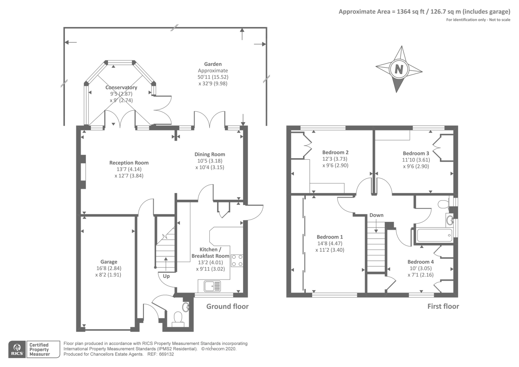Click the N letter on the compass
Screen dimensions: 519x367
click(x=399, y=69)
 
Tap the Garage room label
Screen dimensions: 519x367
click(x=109, y=262)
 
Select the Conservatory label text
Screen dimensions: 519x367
click(x=121, y=87)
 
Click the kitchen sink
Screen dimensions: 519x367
click(x=212, y=286)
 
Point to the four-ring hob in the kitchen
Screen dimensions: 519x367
click(x=237, y=260)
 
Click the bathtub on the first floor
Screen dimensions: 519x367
click(x=434, y=235)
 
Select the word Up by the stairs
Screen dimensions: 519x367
click(x=166, y=276)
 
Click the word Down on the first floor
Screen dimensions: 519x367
click(x=376, y=215)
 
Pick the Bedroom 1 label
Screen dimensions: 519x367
click(x=330, y=237)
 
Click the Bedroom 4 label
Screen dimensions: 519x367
click(x=420, y=262)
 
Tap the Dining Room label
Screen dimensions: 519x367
click(x=210, y=154)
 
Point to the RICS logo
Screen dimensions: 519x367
click(x=17, y=349)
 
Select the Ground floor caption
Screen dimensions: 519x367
click(x=227, y=307)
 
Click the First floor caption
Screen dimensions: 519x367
click(x=443, y=307)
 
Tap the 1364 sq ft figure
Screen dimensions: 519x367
click(x=411, y=12)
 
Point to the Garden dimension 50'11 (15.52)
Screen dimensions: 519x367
click(x=213, y=77)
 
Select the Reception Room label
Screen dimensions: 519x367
click(x=129, y=163)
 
